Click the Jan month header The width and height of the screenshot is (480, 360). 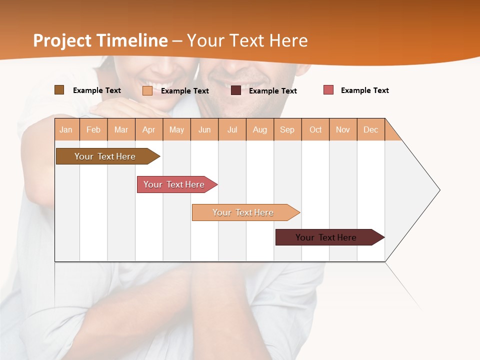[66, 129]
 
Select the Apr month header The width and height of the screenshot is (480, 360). [149, 129]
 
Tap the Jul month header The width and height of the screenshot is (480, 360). [232, 129]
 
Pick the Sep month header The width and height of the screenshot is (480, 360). [287, 129]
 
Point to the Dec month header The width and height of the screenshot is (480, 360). [371, 129]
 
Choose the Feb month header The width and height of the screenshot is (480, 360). [93, 129]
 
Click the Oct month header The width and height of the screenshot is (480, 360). [315, 129]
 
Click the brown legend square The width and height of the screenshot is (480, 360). [59, 90]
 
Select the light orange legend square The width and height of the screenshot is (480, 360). [147, 90]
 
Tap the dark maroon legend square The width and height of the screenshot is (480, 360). [236, 90]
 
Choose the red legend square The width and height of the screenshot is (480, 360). [328, 90]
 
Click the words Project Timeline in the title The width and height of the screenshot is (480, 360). [100, 40]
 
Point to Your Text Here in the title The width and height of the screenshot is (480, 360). [247, 40]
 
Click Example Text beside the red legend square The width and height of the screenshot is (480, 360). [364, 90]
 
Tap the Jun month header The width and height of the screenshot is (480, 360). [204, 129]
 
